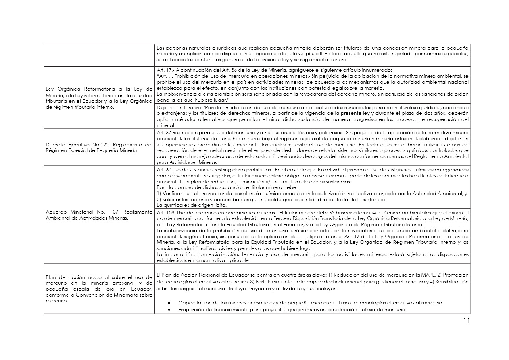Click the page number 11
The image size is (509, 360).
(x=466, y=321)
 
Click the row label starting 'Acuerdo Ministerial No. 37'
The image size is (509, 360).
(x=98, y=215)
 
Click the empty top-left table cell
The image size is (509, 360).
(x=98, y=54)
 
